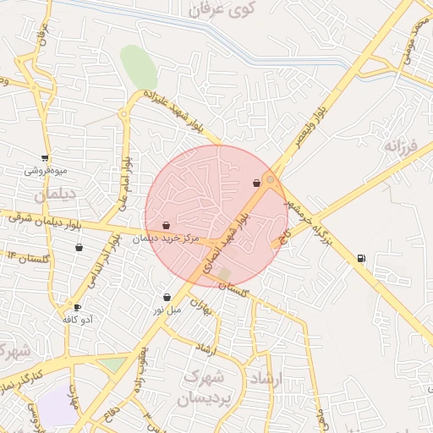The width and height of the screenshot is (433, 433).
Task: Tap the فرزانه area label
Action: tap(401, 146)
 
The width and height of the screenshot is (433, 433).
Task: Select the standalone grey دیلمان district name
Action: tap(49, 195)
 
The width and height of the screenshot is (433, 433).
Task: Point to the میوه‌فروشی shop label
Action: tap(44, 171)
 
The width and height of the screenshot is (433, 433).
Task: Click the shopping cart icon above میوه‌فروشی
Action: tap(44, 158)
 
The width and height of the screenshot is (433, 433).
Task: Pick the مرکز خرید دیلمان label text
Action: tap(167, 239)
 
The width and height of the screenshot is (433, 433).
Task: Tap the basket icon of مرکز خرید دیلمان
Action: tap(166, 226)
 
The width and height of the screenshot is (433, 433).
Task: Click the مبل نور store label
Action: tap(167, 310)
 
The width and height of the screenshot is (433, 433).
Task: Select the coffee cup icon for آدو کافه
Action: tap(78, 307)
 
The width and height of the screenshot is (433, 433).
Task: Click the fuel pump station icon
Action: tap(361, 259)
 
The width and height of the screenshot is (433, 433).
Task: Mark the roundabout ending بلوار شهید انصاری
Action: tap(270, 180)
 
